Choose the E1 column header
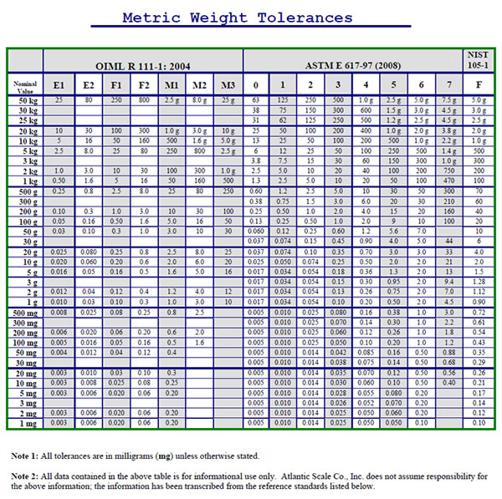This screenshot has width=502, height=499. [x=59, y=85]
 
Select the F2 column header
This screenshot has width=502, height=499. [x=143, y=85]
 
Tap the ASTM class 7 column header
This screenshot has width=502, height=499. [x=448, y=85]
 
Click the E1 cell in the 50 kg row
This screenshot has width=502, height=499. [x=59, y=100]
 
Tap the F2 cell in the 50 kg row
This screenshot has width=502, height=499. [x=143, y=100]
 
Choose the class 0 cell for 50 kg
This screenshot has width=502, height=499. [x=256, y=100]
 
